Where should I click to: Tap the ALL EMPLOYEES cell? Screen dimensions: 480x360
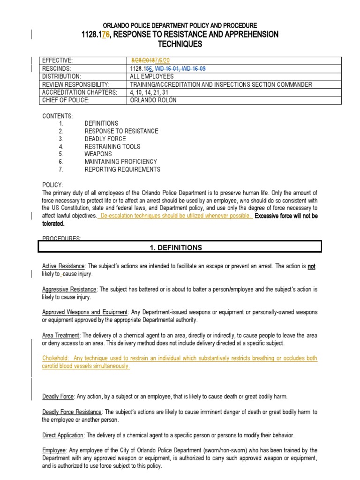pyautogui.click(x=151, y=76)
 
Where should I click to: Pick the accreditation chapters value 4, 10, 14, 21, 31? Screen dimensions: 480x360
pyautogui.click(x=150, y=92)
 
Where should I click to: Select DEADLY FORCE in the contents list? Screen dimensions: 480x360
pyautogui.click(x=105, y=139)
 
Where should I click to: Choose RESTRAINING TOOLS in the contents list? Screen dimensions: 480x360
pyautogui.click(x=112, y=147)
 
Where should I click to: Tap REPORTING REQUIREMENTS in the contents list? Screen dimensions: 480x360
pyautogui.click(x=122, y=170)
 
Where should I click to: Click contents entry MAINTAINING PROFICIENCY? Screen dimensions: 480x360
pyautogui.click(x=120, y=162)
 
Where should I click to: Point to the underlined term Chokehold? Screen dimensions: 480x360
pyautogui.click(x=55, y=358)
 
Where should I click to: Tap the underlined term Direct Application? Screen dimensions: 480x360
pyautogui.click(x=63, y=435)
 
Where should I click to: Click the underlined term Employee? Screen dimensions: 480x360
pyautogui.click(x=54, y=450)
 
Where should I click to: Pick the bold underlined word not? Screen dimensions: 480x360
pyautogui.click(x=311, y=266)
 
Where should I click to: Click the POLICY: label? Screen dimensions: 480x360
pyautogui.click(x=52, y=185)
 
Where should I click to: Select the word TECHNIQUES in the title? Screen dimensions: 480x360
pyautogui.click(x=180, y=44)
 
